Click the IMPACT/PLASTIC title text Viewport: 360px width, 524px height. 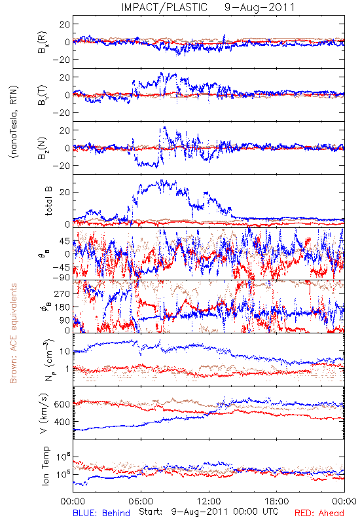pyautogui.click(x=164, y=7)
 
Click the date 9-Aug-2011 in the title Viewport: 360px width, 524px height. pyautogui.click(x=259, y=7)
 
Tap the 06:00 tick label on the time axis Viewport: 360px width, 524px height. pyautogui.click(x=141, y=501)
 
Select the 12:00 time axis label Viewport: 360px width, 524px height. pyautogui.click(x=209, y=501)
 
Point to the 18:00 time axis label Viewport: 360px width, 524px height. pyautogui.click(x=277, y=501)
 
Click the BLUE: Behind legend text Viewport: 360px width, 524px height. pyautogui.click(x=101, y=513)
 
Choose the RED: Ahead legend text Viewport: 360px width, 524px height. pyautogui.click(x=319, y=513)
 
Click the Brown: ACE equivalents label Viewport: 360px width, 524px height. pyautogui.click(x=13, y=333)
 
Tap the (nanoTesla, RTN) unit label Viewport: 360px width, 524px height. pyautogui.click(x=14, y=121)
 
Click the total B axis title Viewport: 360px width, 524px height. pyautogui.click(x=48, y=201)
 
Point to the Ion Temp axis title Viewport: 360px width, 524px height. pyautogui.click(x=45, y=466)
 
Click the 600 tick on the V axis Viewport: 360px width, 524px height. pyautogui.click(x=62, y=404)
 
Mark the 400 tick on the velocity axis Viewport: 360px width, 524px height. pyautogui.click(x=62, y=422)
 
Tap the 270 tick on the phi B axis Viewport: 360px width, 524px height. pyautogui.click(x=62, y=293)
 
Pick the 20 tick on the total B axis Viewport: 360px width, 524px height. pyautogui.click(x=65, y=193)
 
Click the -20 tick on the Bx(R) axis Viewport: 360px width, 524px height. pyautogui.click(x=61, y=60)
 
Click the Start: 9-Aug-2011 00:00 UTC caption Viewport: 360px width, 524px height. pyautogui.click(x=209, y=512)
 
